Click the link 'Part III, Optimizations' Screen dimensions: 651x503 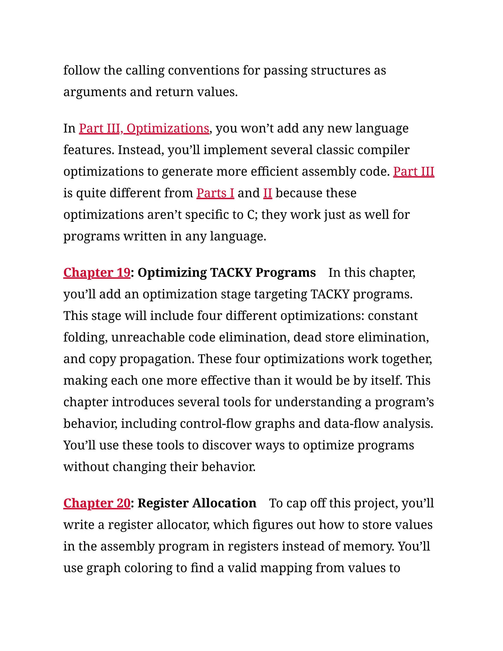(144, 128)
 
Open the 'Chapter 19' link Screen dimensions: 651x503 (97, 273)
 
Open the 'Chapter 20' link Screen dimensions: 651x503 (97, 503)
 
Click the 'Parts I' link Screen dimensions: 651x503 (215, 193)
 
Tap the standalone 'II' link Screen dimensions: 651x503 (268, 193)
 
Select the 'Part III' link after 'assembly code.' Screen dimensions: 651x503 (414, 172)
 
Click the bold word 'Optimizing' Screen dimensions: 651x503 (172, 273)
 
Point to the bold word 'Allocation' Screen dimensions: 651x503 (224, 503)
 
